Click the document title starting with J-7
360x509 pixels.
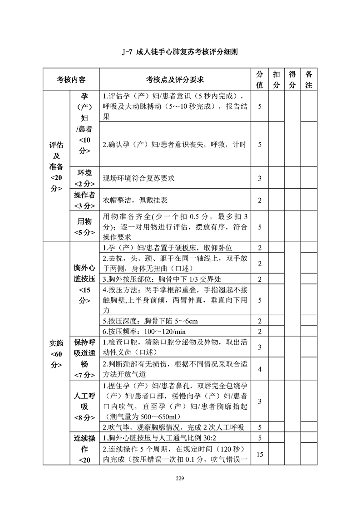[x=180, y=52]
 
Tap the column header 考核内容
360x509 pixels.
[x=71, y=80]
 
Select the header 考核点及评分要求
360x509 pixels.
[x=175, y=80]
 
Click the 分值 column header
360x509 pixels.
[x=260, y=79]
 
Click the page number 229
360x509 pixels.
[x=180, y=478]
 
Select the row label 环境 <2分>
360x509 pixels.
[x=84, y=178]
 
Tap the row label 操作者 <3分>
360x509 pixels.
[x=84, y=200]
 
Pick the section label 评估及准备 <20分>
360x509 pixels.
[x=56, y=166]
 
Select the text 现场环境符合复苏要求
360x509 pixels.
[x=139, y=178]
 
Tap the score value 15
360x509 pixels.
[x=260, y=454]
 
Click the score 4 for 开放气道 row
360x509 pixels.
[x=260, y=369]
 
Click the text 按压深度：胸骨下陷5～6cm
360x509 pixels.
[x=150, y=321]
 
